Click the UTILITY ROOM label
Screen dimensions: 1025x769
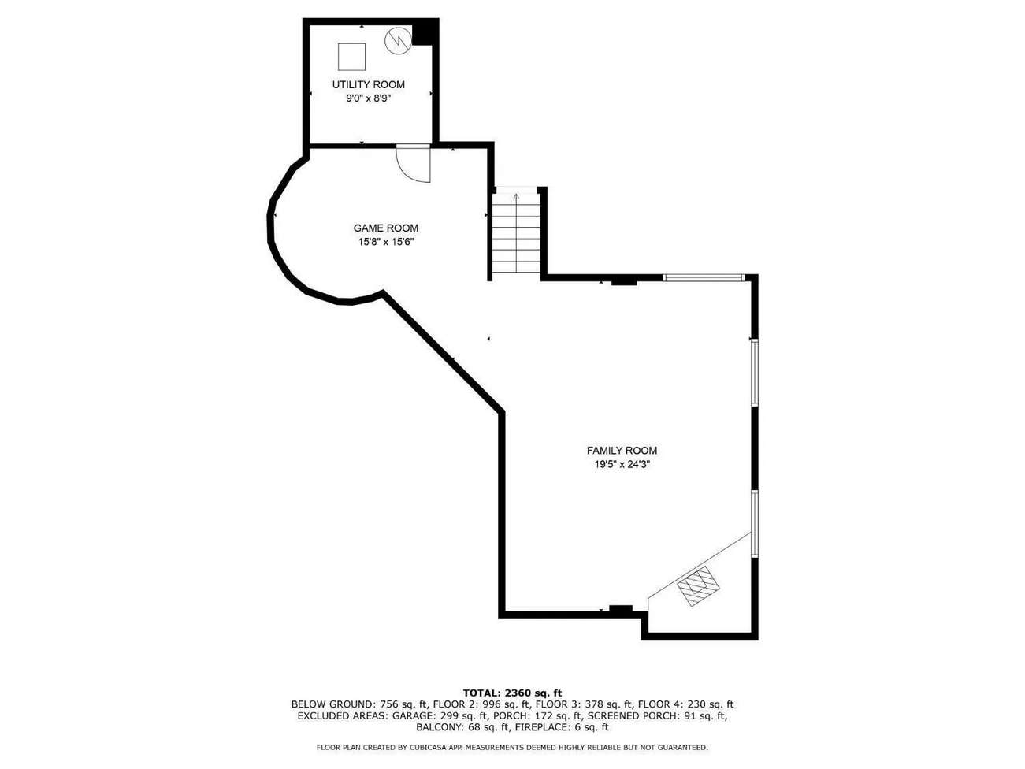click(x=368, y=84)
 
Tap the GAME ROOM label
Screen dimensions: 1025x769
click(x=386, y=228)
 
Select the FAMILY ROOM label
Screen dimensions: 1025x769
click(x=622, y=450)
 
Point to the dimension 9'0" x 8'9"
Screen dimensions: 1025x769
click(x=368, y=98)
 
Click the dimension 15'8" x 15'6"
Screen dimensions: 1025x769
click(x=386, y=242)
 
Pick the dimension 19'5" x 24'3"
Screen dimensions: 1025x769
click(x=622, y=464)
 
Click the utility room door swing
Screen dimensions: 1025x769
click(x=413, y=163)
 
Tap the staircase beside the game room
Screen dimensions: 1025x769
click(x=515, y=232)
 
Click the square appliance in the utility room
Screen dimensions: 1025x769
click(x=351, y=57)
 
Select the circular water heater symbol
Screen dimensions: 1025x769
click(x=399, y=39)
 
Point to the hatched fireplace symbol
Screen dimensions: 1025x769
click(x=699, y=585)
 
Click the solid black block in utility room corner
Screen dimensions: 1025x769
click(x=425, y=32)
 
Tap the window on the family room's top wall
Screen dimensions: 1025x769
click(x=704, y=278)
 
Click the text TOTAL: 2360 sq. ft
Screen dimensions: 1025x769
click(x=512, y=693)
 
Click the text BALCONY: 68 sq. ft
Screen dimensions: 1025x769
click(x=459, y=727)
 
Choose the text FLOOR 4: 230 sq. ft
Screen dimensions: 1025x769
click(x=685, y=704)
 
